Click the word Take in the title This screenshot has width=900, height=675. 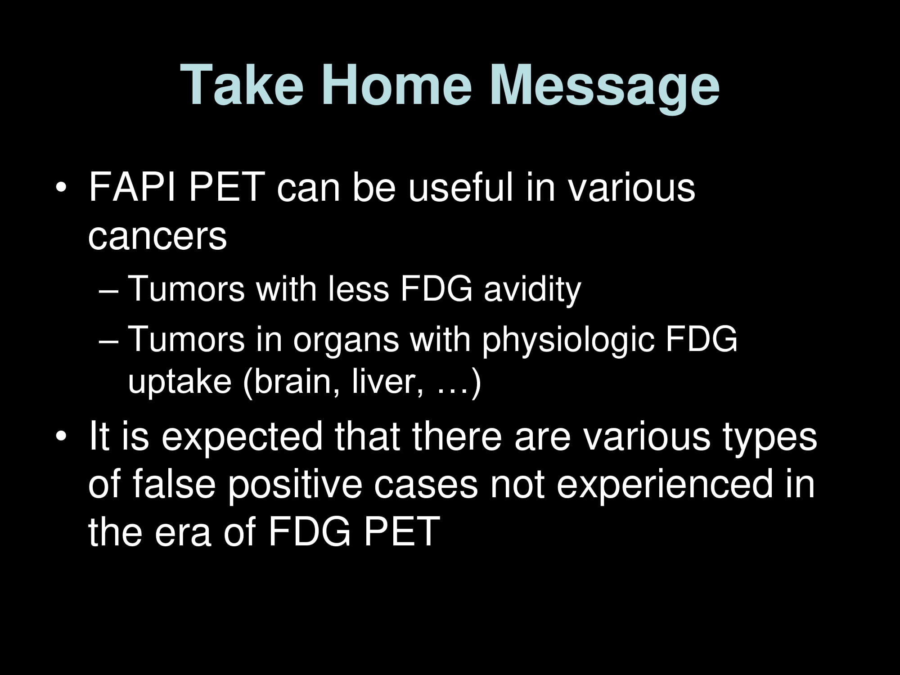(242, 85)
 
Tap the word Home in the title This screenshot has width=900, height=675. (397, 85)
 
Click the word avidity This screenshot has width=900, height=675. (532, 289)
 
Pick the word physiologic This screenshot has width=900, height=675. (568, 340)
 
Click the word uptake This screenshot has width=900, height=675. (180, 382)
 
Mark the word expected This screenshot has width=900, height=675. (242, 437)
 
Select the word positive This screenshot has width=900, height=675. (295, 485)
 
